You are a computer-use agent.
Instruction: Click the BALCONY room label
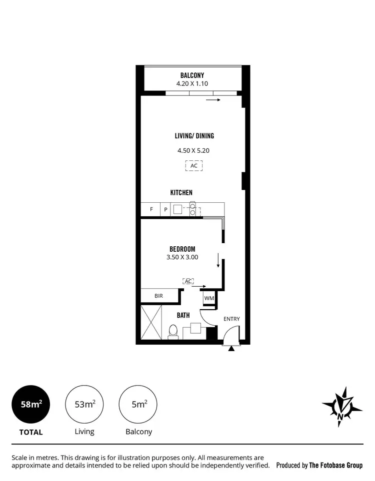click(x=192, y=75)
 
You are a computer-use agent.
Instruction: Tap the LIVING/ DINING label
click(x=194, y=136)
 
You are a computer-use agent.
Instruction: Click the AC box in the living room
click(x=194, y=166)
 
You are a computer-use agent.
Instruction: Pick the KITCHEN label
click(x=181, y=192)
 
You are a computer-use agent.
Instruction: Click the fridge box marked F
click(x=150, y=210)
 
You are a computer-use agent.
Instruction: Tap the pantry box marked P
click(x=165, y=210)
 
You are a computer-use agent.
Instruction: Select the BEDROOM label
click(x=182, y=249)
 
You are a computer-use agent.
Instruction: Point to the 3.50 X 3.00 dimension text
click(x=182, y=257)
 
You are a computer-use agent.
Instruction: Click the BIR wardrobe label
click(x=158, y=296)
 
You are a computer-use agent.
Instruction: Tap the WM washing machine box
click(x=209, y=299)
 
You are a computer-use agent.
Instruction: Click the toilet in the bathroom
click(x=173, y=332)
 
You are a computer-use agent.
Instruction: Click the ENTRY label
click(x=231, y=319)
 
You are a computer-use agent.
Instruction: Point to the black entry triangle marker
click(x=230, y=348)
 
